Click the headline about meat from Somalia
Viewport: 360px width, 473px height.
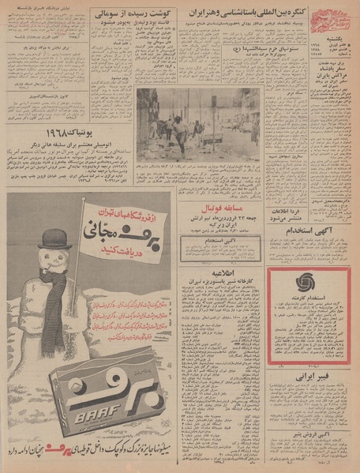pyautogui.click(x=118, y=15)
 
